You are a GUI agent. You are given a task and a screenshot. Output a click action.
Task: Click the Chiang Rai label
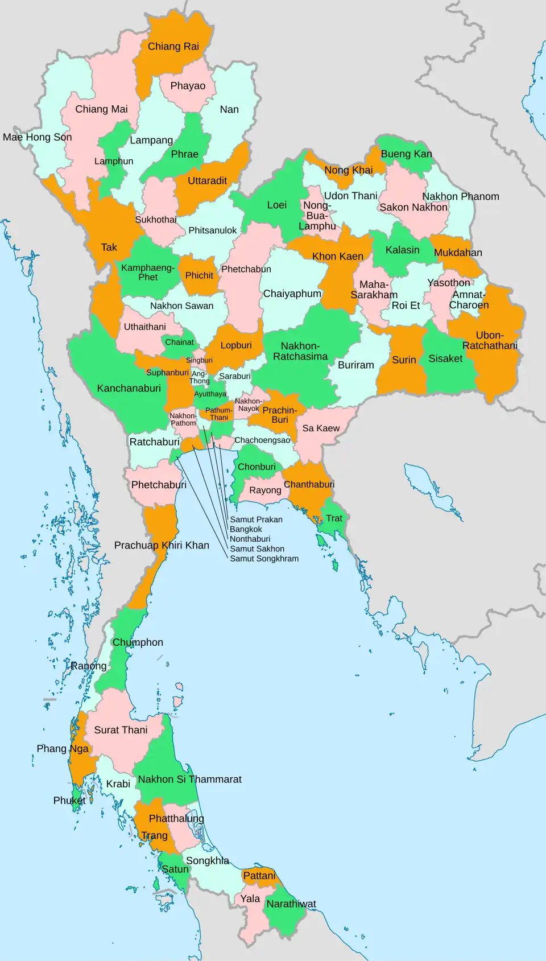(173, 47)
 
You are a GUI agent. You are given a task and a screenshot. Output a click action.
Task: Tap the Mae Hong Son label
(38, 137)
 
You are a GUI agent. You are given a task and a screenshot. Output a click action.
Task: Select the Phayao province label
(188, 86)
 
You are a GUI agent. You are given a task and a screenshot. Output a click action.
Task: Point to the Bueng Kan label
(406, 154)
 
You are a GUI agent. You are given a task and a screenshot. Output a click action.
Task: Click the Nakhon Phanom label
(460, 196)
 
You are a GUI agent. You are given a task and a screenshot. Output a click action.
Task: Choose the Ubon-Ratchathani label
(490, 340)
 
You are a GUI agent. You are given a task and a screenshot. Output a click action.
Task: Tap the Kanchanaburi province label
(129, 388)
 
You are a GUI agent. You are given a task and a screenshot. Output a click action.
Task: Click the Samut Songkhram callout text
(264, 559)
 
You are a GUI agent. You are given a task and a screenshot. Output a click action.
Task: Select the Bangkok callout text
(246, 529)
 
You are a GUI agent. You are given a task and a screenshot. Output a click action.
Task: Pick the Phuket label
(69, 801)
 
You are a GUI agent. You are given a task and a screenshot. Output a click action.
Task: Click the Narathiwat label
(291, 904)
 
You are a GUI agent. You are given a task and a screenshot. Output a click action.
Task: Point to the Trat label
(334, 518)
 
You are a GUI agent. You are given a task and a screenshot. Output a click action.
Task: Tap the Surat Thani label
(121, 730)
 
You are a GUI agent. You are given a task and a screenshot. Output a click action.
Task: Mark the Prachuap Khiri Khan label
(162, 545)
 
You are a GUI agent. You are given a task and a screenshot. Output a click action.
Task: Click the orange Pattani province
(259, 876)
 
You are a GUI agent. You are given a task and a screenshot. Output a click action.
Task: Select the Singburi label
(199, 360)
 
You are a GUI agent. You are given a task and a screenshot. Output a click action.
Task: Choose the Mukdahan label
(458, 253)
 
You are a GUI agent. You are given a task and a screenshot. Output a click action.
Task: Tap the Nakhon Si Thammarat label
(189, 779)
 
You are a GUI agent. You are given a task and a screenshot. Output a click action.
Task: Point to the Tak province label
(109, 248)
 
